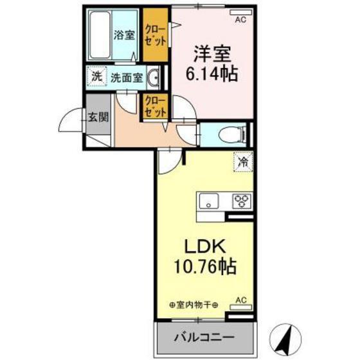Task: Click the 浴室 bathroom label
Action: pos(125,36)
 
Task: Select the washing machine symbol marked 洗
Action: pos(96,78)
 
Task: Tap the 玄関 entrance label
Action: pos(98,116)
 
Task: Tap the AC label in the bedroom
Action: pos(240,20)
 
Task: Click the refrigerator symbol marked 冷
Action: pos(244,162)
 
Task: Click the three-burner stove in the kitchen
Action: pos(242,201)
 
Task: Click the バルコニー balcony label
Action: pos(202,337)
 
